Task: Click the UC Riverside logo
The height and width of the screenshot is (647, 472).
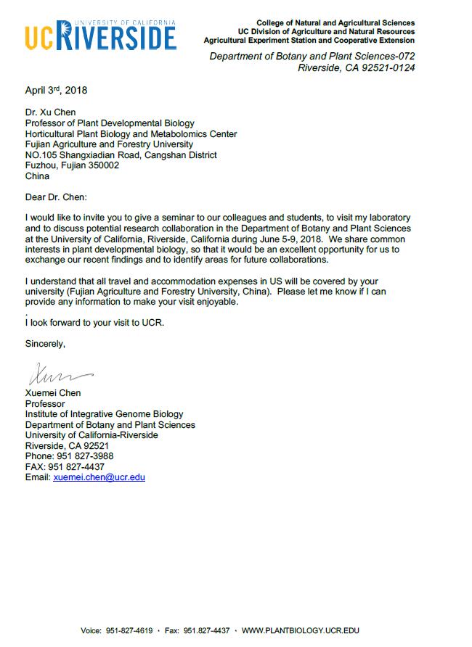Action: pyautogui.click(x=100, y=35)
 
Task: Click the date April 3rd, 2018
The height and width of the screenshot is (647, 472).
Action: pyautogui.click(x=56, y=91)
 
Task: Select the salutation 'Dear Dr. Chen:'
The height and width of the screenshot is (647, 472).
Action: pyautogui.click(x=56, y=197)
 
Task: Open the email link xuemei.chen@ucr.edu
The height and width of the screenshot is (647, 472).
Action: pyautogui.click(x=99, y=477)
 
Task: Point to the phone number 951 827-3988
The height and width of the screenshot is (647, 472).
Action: pyautogui.click(x=85, y=456)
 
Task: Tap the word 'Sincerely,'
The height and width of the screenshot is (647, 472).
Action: pyautogui.click(x=45, y=344)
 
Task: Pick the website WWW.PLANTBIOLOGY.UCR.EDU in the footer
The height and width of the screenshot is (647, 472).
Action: pyautogui.click(x=300, y=631)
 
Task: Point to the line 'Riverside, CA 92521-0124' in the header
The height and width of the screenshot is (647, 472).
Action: pyautogui.click(x=357, y=69)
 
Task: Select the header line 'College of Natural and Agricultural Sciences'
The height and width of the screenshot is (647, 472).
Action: pyautogui.click(x=335, y=23)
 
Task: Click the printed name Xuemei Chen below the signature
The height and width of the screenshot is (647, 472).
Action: pyautogui.click(x=53, y=393)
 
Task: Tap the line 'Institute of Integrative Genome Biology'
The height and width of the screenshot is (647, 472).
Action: pyautogui.click(x=104, y=414)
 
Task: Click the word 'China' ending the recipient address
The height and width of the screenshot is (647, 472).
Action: pyautogui.click(x=38, y=176)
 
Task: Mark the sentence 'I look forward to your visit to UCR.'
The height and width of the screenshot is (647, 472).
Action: pyautogui.click(x=94, y=322)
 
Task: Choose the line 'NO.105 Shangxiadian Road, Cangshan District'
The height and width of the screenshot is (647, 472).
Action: pyautogui.click(x=121, y=154)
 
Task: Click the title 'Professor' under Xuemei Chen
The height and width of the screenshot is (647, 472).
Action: pyautogui.click(x=45, y=403)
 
